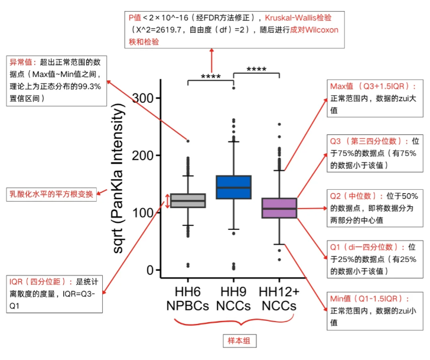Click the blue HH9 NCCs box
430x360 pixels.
(x=233, y=187)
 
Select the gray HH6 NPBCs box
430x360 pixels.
(x=188, y=200)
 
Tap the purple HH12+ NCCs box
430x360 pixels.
(x=279, y=207)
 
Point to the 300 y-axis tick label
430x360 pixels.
(x=141, y=98)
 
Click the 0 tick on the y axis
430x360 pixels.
(x=149, y=270)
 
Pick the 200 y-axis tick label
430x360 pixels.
(x=141, y=155)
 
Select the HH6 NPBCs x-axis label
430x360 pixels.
(x=188, y=299)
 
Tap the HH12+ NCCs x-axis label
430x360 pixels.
(x=279, y=299)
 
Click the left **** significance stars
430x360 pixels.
(x=211, y=77)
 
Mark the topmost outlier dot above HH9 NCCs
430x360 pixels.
(x=233, y=87)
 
